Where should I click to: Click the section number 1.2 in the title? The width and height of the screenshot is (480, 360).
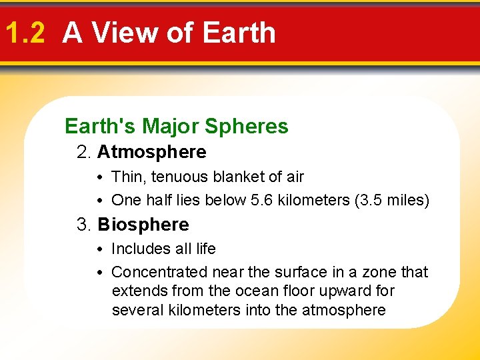tap(24, 33)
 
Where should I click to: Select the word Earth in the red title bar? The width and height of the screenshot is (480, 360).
tap(238, 33)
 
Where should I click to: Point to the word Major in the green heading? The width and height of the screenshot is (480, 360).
tap(172, 126)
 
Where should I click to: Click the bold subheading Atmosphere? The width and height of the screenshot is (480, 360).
tap(151, 152)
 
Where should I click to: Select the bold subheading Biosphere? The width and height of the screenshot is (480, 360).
tap(143, 225)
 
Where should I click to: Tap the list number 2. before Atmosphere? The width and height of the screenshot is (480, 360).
tap(84, 152)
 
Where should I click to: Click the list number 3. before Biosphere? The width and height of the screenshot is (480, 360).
tap(84, 225)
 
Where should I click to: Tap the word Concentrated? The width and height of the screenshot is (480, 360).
tap(159, 272)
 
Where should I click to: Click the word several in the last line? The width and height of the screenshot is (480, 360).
tap(135, 310)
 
